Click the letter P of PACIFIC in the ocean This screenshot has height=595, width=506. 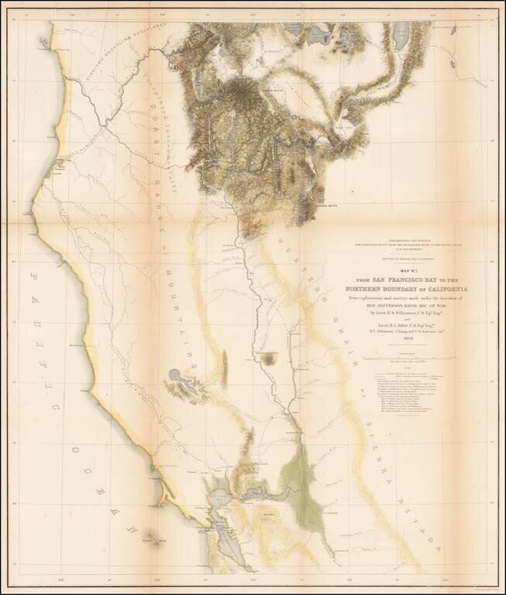(35, 276)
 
